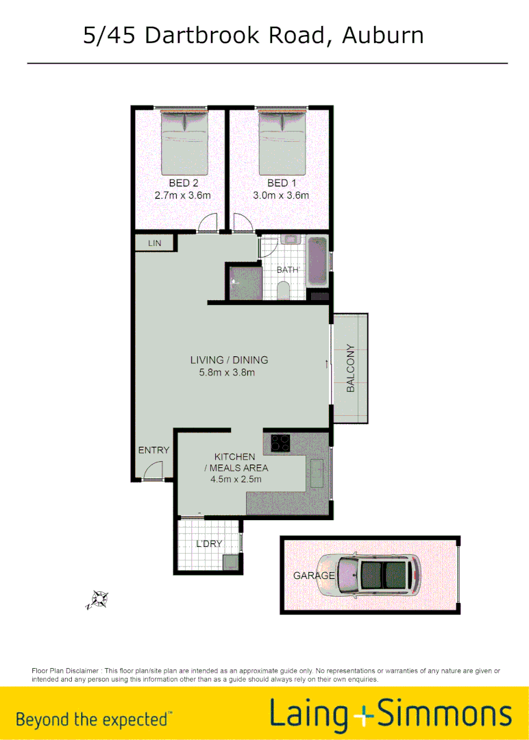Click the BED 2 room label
coord(183,183)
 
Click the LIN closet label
coord(154,243)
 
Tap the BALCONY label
coord(351,368)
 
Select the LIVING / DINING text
coord(229,360)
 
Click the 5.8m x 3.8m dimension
coord(227,373)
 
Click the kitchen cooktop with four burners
coord(279,443)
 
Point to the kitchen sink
coord(317,473)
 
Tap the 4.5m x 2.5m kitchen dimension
coord(236,480)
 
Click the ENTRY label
coord(153,450)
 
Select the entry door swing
coord(153,471)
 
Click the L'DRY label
coord(209,543)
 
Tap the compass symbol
coord(98,600)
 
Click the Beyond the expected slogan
coord(93,719)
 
